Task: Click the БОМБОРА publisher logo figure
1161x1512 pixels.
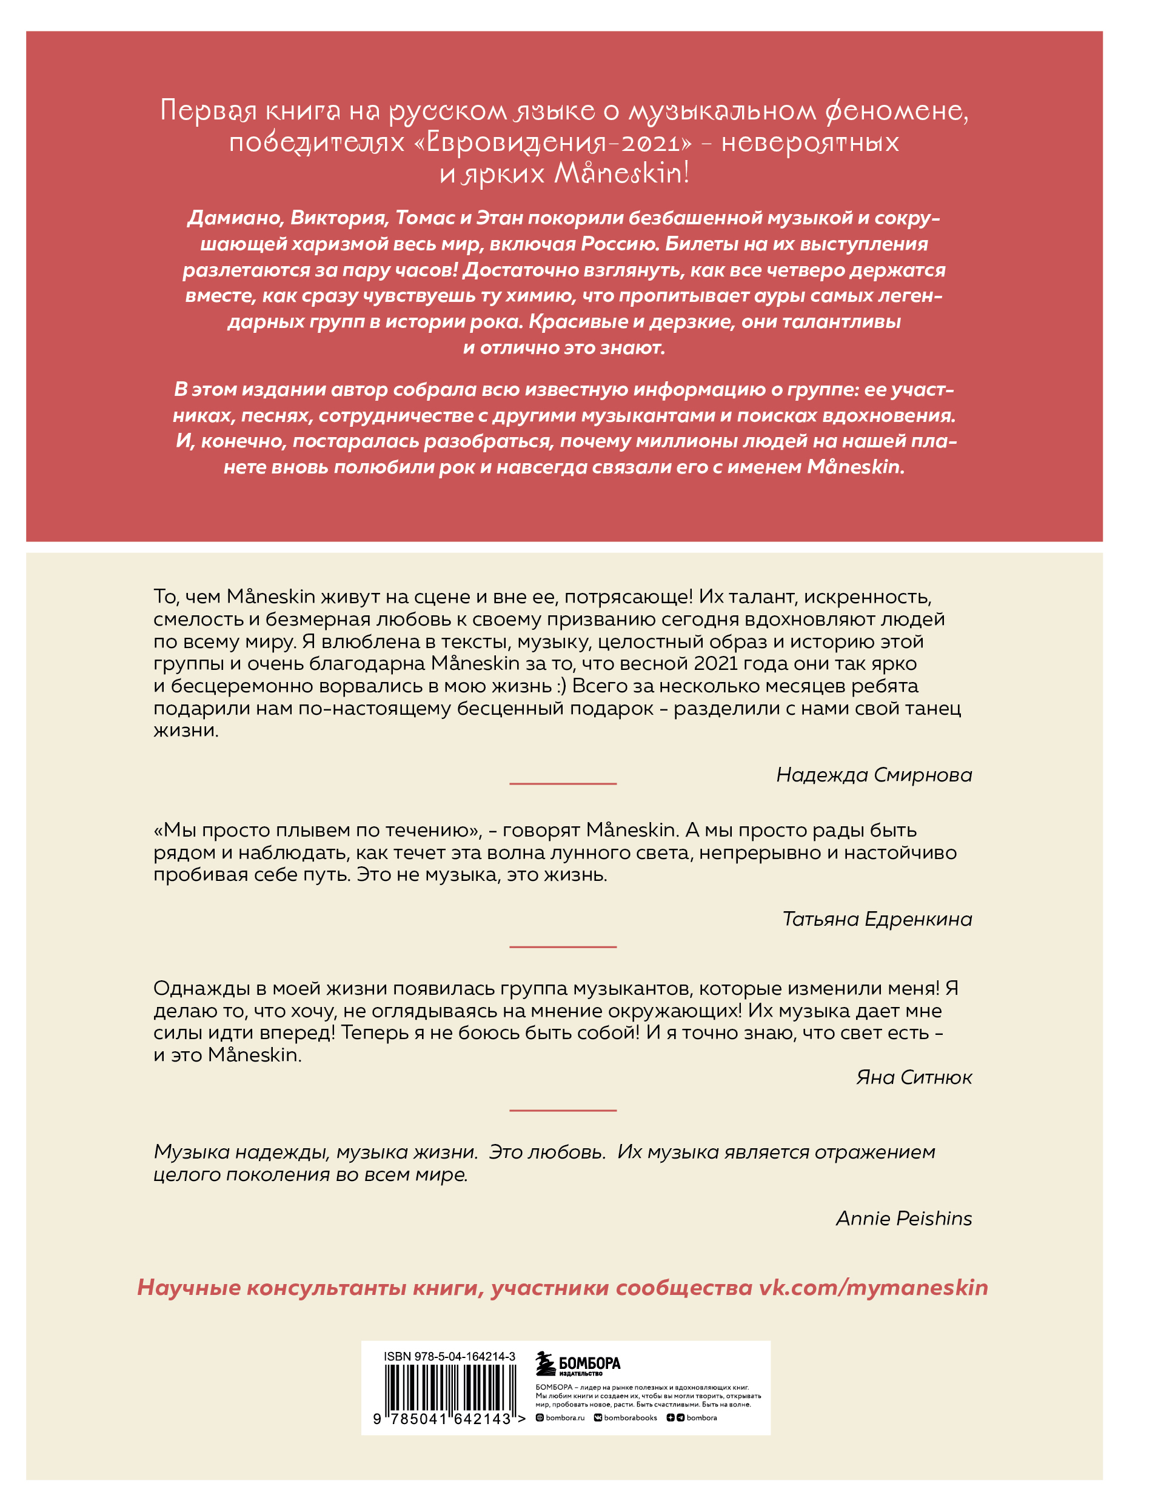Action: (x=545, y=1363)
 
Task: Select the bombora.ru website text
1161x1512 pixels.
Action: (x=564, y=1417)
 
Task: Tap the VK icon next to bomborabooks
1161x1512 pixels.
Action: (x=598, y=1417)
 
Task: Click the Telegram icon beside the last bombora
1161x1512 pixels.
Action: (x=681, y=1417)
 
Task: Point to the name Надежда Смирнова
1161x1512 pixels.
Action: (x=874, y=775)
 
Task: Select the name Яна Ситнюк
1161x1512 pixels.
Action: (x=914, y=1077)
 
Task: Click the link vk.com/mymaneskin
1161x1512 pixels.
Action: (x=874, y=1288)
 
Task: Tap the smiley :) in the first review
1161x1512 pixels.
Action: (x=560, y=686)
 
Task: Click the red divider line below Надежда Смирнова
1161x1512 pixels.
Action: (x=563, y=784)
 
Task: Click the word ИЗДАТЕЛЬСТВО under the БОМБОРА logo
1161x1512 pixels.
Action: (x=581, y=1373)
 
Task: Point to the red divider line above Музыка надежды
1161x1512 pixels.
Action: (x=563, y=1111)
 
